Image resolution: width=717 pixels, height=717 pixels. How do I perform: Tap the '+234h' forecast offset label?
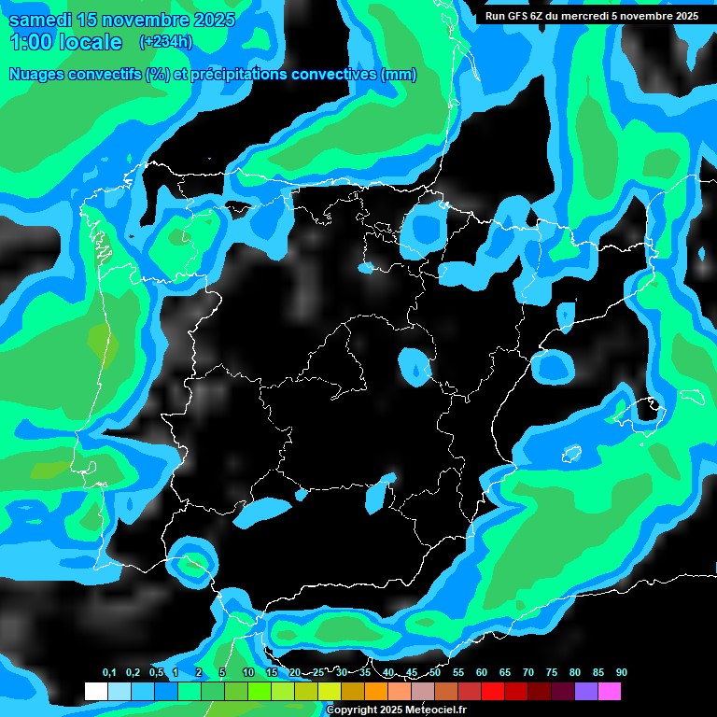tap(165, 41)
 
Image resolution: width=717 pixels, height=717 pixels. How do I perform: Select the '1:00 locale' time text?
tap(65, 42)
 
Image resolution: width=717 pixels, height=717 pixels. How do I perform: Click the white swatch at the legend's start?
tap(96, 692)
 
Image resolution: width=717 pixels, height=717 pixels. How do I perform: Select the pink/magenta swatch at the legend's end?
tap(610, 692)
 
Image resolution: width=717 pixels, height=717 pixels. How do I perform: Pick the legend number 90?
tap(621, 673)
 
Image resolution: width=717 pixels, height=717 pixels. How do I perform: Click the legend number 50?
tap(435, 673)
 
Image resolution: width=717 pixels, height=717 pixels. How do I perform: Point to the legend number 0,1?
tap(109, 673)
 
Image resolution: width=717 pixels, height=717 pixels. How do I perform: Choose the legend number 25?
tap(318, 673)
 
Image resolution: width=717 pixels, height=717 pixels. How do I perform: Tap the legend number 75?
tap(552, 673)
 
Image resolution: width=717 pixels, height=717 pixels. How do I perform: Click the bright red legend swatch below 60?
tap(493, 692)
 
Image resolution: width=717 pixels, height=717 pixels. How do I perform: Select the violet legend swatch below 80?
tap(586, 692)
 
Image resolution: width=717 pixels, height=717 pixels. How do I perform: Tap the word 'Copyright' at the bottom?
tap(352, 710)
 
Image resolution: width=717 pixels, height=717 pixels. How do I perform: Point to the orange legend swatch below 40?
tap(376, 692)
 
